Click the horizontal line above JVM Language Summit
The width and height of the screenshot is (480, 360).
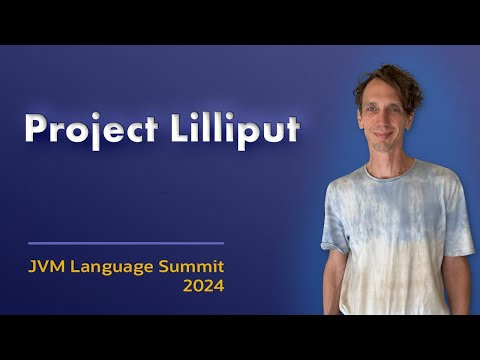(x=126, y=243)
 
